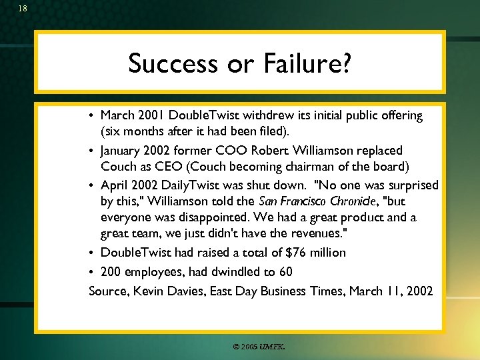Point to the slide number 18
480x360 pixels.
(23, 9)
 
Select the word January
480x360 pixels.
(125, 151)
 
